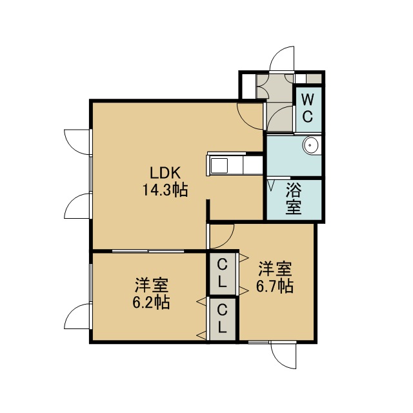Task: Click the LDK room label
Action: [x=165, y=173]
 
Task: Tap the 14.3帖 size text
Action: [x=165, y=190]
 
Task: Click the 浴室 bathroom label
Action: [x=294, y=198]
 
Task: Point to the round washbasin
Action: [x=311, y=145]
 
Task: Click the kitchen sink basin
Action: [x=219, y=166]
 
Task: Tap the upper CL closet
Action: [x=222, y=274]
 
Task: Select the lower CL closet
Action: [x=222, y=319]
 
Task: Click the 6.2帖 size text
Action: [x=151, y=302]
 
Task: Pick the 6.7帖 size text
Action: [x=275, y=286]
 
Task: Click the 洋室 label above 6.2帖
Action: [x=152, y=285]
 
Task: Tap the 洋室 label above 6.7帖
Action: [x=275, y=269]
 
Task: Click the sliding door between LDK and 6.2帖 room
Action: [x=148, y=251]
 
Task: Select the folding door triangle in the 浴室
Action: [x=271, y=185]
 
